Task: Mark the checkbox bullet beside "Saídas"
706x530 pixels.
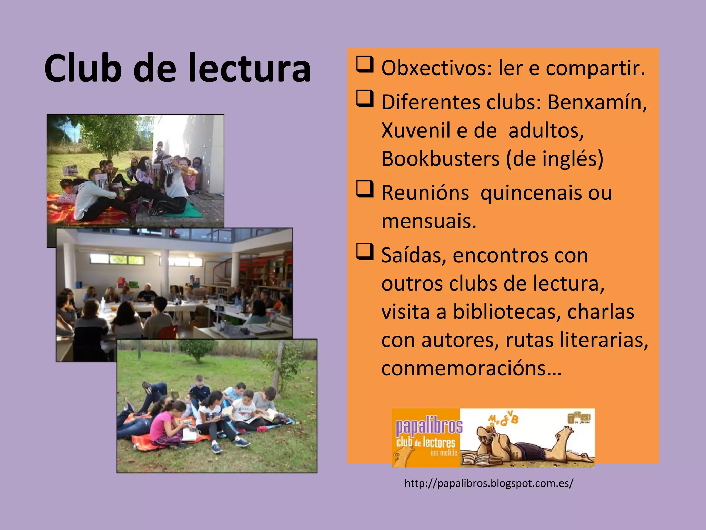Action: click(x=365, y=252)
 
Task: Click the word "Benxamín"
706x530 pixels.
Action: click(x=597, y=102)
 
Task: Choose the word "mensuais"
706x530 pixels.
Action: click(x=429, y=221)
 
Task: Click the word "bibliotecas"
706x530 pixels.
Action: click(x=505, y=312)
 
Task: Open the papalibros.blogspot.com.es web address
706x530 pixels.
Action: click(x=489, y=483)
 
